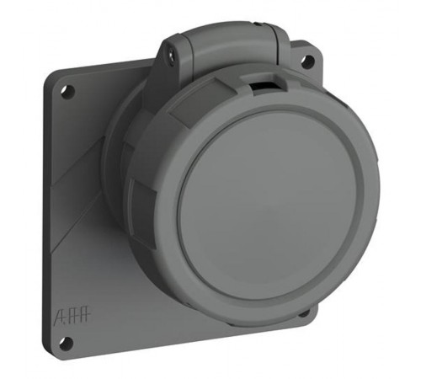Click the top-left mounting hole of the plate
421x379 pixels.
click(68, 89)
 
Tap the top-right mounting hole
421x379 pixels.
click(308, 61)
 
